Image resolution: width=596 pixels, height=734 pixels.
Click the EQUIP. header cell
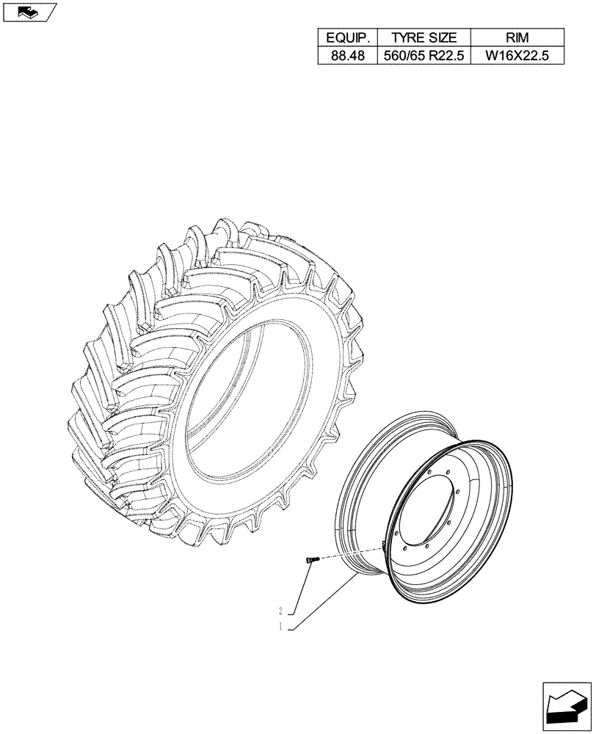(347, 37)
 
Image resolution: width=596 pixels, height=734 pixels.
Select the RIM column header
(518, 37)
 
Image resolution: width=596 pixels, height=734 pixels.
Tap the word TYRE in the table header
(407, 37)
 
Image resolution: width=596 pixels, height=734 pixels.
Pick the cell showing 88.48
(347, 56)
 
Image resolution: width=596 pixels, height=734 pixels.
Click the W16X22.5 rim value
(518, 56)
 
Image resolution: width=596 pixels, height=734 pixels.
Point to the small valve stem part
(308, 561)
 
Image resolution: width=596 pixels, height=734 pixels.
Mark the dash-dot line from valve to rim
(345, 553)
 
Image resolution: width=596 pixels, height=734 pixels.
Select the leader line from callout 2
(301, 588)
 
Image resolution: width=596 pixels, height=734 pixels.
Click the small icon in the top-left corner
(29, 12)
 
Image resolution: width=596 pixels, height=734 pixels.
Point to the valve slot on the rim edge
(383, 544)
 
